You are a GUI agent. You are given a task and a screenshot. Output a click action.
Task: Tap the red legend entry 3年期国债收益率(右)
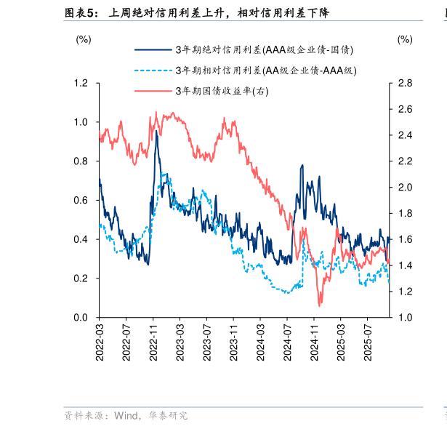click(221, 91)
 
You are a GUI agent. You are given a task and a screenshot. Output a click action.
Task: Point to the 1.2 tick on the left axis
click(81, 84)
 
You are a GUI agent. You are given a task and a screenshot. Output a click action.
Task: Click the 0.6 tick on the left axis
click(81, 201)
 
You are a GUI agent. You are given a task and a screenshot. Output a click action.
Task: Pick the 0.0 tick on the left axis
click(81, 318)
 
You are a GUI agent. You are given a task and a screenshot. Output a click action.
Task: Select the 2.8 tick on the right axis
click(405, 84)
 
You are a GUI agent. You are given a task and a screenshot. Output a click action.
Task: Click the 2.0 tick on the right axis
click(405, 188)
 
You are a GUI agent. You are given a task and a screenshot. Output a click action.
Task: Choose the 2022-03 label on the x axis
click(100, 340)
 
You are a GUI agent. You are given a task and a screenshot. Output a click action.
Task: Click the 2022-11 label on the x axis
click(153, 340)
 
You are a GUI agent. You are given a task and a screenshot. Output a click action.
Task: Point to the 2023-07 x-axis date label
click(206, 340)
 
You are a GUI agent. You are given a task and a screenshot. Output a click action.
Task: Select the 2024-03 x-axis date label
click(260, 340)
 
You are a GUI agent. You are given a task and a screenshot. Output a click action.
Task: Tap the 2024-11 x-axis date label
click(314, 340)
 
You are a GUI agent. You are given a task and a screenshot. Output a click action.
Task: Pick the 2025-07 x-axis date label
click(367, 340)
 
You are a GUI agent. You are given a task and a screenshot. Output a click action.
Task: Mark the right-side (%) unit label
click(405, 39)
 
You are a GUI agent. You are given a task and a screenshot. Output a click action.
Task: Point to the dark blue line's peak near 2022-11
click(156, 132)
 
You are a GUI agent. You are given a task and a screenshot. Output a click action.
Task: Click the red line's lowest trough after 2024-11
click(319, 305)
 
